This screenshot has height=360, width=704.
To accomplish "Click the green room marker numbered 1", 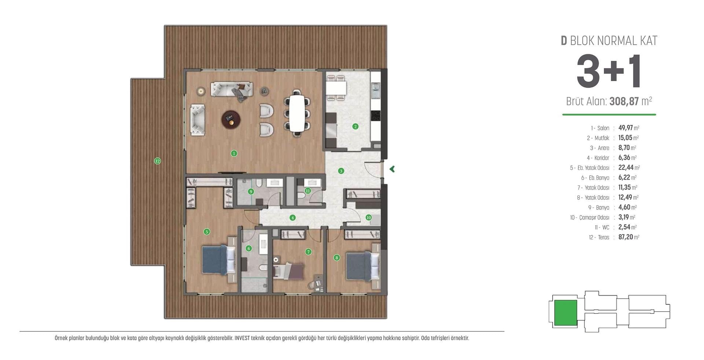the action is point(234,154).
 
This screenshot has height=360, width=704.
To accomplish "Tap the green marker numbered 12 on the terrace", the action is point(157,161).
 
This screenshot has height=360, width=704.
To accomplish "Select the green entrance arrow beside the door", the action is point(392,169).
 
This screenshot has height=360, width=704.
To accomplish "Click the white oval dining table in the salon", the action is point(297,113).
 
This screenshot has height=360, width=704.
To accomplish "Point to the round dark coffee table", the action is point(231,119).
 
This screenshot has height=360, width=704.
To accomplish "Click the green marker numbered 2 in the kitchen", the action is point(355,126).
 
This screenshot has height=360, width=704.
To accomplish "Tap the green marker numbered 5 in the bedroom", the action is point(207,232).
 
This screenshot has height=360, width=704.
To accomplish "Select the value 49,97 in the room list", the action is point(626,128).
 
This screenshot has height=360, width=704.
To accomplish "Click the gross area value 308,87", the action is point(624,101).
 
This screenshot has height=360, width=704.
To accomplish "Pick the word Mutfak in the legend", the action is point(602,138).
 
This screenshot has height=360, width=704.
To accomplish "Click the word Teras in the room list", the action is point(604,238).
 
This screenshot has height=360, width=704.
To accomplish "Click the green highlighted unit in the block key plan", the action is point(565,313).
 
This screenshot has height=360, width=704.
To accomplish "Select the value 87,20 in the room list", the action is point(626,237).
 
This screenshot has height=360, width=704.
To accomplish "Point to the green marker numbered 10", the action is point(368,217).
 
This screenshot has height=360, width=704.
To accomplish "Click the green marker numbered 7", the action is point(308,252).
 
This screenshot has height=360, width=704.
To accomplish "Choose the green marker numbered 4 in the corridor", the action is point(292,218).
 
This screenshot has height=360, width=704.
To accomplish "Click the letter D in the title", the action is point(564,41).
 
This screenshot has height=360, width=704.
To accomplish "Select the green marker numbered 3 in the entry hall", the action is point(341,171).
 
